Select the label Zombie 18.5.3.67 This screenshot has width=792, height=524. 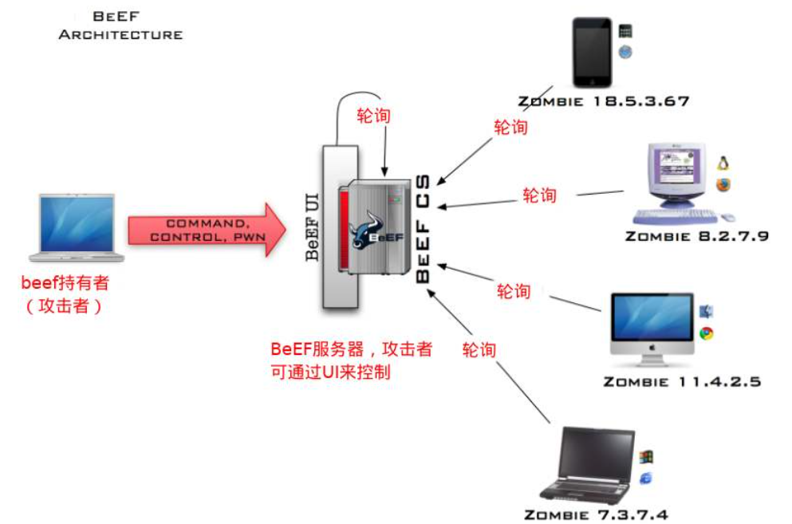(x=603, y=102)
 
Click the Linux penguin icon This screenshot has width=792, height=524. (x=723, y=164)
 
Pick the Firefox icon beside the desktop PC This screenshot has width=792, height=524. (x=723, y=185)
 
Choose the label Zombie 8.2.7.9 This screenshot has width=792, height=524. (x=696, y=236)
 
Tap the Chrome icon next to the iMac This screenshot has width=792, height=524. (x=706, y=333)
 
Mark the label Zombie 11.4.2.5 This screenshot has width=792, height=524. (x=682, y=382)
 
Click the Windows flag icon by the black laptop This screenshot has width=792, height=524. (x=645, y=457)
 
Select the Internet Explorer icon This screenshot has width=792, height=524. (x=645, y=478)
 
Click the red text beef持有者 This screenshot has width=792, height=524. (x=65, y=282)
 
